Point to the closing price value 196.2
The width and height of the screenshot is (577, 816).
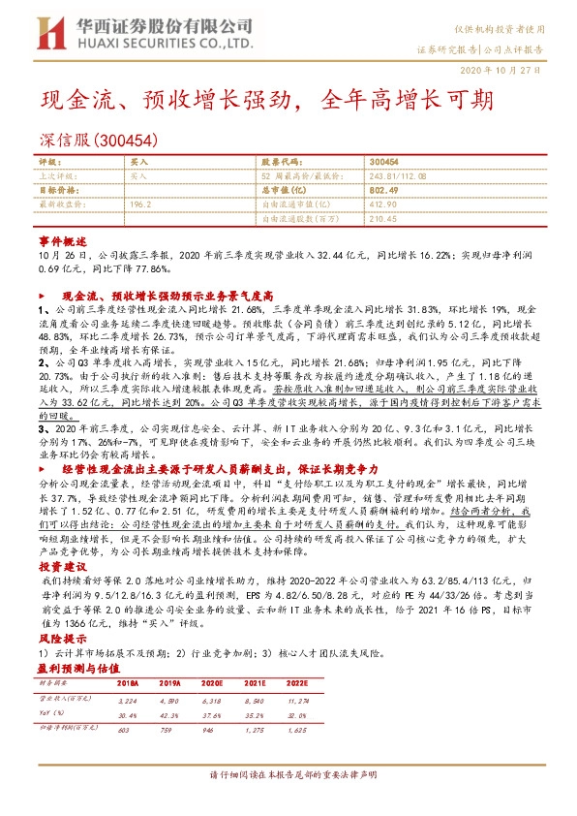pyautogui.click(x=139, y=204)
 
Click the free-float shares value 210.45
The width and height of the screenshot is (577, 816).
pyautogui.click(x=383, y=218)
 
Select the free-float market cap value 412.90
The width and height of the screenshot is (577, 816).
pyautogui.click(x=384, y=204)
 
